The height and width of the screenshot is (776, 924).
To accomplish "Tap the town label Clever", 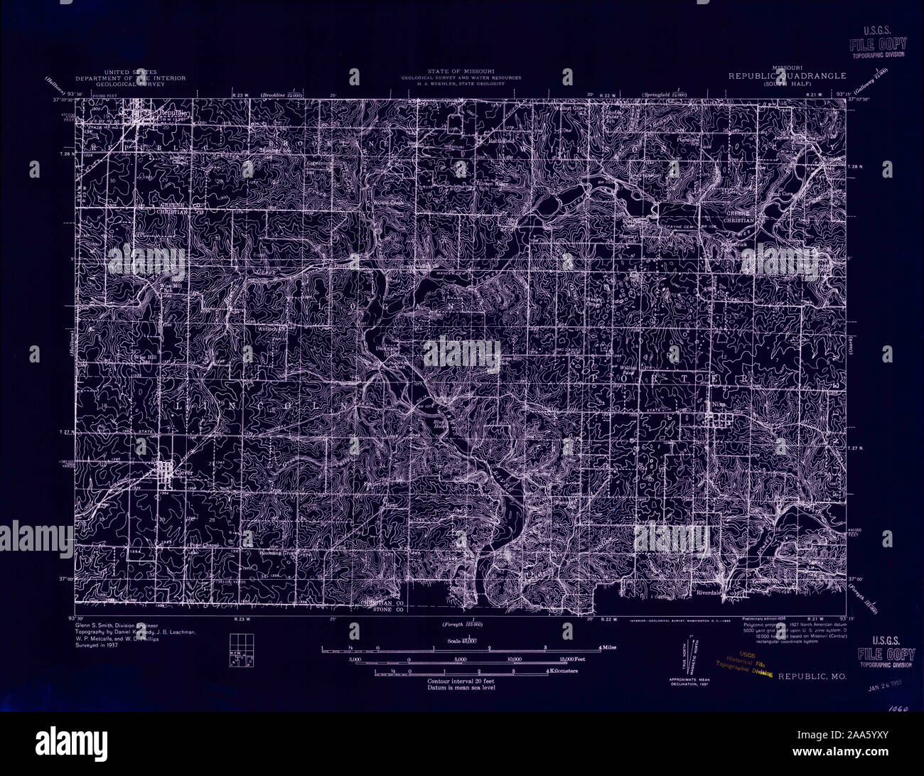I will click(x=183, y=470).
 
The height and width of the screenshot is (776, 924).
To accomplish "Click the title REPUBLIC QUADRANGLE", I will click(x=787, y=75).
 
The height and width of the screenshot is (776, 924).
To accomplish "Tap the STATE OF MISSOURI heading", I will click(x=461, y=72).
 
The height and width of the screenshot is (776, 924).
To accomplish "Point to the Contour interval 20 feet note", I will click(x=462, y=681).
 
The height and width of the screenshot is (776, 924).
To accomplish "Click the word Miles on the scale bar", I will click(x=609, y=648).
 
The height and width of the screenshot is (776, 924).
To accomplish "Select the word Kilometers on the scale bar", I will click(x=564, y=671).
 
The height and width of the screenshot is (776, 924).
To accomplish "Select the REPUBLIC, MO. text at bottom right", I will click(x=812, y=677).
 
